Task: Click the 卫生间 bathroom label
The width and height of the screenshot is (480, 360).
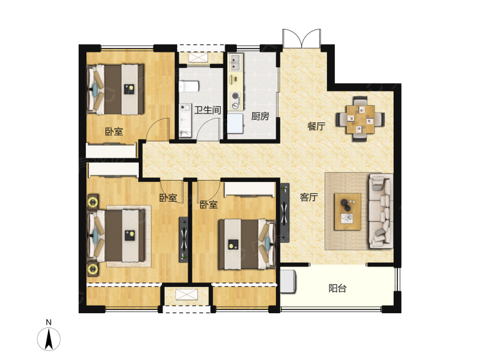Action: pos(207,110)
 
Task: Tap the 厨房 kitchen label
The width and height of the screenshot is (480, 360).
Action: pos(260,116)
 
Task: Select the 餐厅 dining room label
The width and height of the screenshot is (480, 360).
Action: pos(317,126)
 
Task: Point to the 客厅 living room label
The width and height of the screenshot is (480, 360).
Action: pos(309,197)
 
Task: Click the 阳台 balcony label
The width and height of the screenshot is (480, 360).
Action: pos(337,288)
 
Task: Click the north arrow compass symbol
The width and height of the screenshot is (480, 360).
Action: pos(49,339)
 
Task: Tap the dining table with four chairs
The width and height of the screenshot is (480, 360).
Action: pos(360,119)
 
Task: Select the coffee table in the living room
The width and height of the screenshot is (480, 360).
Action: pos(348,211)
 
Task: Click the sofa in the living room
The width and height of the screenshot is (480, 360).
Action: pos(381,211)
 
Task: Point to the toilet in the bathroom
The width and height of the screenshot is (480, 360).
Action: pos(189,86)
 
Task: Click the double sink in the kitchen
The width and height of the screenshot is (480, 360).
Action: pos(236,62)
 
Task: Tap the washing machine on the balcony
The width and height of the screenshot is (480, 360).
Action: pos(288,281)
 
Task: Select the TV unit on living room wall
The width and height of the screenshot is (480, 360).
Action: pos(285,213)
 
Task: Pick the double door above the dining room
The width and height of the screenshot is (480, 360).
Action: pos(302,38)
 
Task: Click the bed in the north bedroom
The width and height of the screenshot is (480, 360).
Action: pos(115,90)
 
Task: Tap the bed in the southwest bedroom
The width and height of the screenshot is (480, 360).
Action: pos(116,236)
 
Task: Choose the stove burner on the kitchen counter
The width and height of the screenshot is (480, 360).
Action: pos(236,96)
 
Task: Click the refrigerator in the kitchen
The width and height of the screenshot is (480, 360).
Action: pos(235,124)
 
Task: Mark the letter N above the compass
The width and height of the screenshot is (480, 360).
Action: pos(49,322)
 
